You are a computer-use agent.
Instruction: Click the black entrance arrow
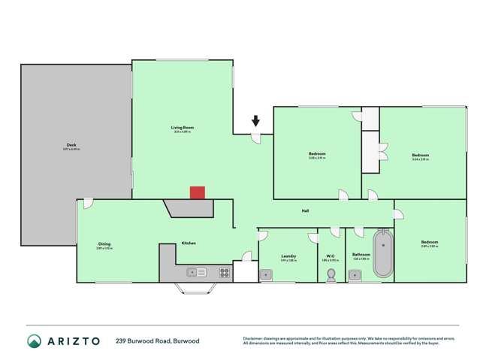[x=256, y=119]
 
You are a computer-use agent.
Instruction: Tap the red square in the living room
[x=197, y=193]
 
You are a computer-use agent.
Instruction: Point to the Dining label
[x=104, y=243]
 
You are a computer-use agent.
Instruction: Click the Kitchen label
[x=189, y=243]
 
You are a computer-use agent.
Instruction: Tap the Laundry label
[x=288, y=256]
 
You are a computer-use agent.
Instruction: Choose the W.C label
[x=330, y=256]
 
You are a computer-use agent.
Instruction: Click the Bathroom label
[x=361, y=255]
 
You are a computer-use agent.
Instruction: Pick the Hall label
[x=306, y=211]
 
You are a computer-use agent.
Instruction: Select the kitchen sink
[x=197, y=272]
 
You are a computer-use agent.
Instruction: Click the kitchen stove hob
[x=222, y=271]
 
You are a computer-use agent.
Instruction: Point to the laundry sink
[x=267, y=276]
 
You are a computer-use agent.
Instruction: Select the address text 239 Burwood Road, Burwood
[x=158, y=341]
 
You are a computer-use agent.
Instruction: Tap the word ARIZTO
[x=74, y=341]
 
